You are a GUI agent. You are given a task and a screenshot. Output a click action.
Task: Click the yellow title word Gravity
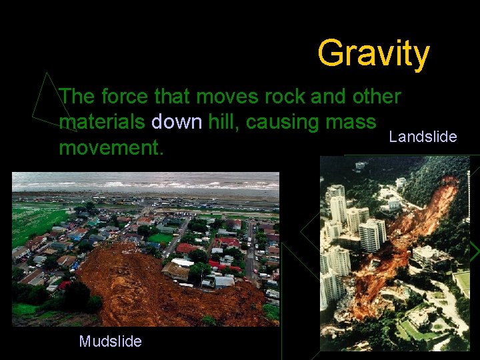coord(373,53)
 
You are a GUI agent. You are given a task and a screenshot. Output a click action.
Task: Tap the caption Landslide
coord(423,137)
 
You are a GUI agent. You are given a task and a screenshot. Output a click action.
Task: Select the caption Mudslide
coord(110,342)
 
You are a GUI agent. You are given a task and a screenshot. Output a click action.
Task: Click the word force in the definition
coord(125,97)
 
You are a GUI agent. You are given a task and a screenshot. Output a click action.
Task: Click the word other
coord(377,97)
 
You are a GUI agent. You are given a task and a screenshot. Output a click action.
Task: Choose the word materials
coord(103,123)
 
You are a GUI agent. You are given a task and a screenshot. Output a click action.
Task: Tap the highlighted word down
coord(177,123)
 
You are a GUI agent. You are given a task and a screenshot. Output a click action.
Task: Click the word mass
coord(353,123)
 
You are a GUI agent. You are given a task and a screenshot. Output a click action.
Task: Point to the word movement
coord(111,147)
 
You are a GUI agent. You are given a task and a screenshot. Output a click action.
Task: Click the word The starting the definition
coord(77,97)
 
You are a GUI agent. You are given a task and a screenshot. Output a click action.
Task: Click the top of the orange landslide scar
coord(449,181)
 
